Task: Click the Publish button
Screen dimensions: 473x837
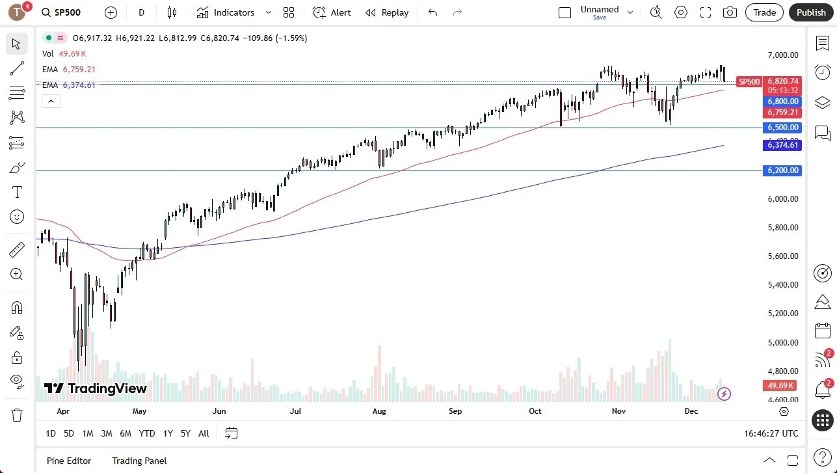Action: click(811, 12)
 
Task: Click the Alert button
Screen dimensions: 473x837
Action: click(332, 12)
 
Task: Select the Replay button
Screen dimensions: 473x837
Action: click(387, 12)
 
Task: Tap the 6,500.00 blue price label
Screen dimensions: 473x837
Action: click(783, 128)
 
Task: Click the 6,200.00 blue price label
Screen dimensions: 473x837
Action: click(783, 170)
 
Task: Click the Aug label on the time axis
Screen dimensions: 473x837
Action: click(379, 411)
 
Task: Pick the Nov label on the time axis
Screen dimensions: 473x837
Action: click(618, 411)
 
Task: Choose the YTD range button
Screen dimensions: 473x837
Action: click(147, 433)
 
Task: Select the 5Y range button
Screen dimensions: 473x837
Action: click(185, 433)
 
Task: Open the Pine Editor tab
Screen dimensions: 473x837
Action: click(69, 461)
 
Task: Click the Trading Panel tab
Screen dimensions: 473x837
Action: click(139, 461)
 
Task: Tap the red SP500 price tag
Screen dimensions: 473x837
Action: click(749, 82)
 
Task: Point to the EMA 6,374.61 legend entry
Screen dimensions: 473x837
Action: click(69, 85)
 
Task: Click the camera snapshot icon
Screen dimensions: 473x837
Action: click(730, 12)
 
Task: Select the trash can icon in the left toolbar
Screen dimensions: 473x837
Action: click(17, 415)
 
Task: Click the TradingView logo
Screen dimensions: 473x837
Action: click(96, 388)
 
